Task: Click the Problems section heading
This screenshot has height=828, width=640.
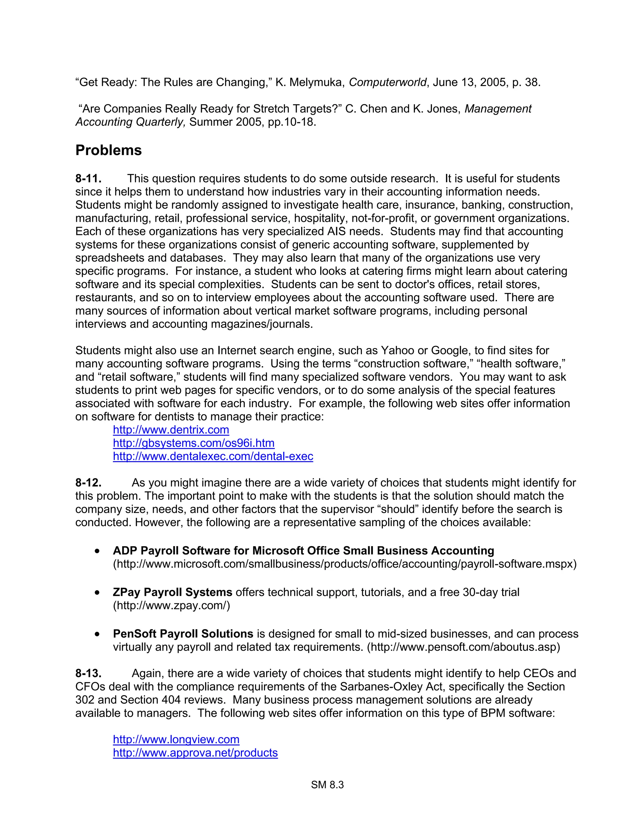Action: [108, 151]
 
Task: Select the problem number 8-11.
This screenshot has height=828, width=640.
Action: [88, 178]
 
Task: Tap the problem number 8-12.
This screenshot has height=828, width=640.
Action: [88, 483]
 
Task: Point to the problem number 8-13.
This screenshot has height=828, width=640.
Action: [88, 673]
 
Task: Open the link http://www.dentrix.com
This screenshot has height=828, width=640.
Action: [171, 430]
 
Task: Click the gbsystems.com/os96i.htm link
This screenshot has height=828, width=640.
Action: [194, 443]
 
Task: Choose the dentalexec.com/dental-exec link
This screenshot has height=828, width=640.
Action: [213, 456]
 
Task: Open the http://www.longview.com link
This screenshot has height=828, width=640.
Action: [176, 739]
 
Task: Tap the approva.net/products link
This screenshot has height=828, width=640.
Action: [195, 753]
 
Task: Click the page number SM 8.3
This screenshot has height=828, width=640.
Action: [327, 785]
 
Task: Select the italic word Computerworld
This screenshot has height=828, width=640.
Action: [387, 82]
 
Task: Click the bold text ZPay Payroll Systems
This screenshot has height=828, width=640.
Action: [172, 592]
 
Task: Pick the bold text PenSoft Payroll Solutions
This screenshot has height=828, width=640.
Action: [183, 634]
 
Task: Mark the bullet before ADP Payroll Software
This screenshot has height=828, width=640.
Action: [98, 551]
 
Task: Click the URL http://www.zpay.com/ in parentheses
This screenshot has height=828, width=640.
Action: [171, 606]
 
